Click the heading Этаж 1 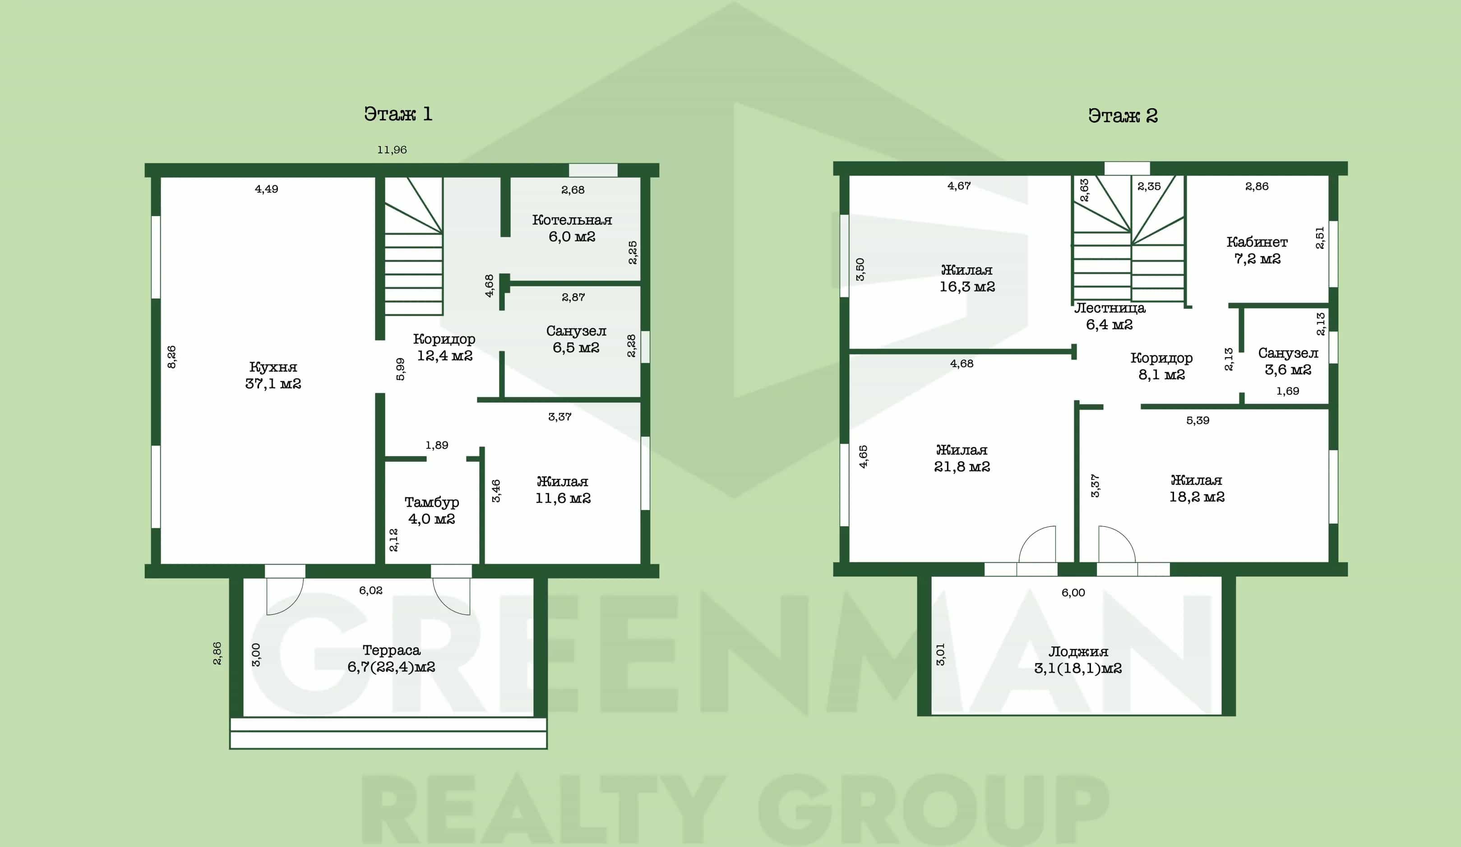tap(398, 114)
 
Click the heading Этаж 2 tap(1123, 115)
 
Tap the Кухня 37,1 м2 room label tap(273, 375)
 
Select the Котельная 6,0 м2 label tap(572, 228)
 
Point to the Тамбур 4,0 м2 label tap(432, 511)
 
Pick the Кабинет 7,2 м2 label tap(1257, 250)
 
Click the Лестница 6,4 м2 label tap(1110, 316)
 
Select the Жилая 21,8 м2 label tap(962, 458)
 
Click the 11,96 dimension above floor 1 tap(392, 149)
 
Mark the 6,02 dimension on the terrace tap(370, 590)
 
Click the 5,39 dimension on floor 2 tap(1198, 420)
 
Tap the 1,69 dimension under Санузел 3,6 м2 tap(1288, 391)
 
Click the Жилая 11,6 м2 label tap(563, 489)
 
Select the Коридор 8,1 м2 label tap(1161, 366)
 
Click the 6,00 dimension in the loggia tap(1073, 593)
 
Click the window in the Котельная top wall tap(592, 170)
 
